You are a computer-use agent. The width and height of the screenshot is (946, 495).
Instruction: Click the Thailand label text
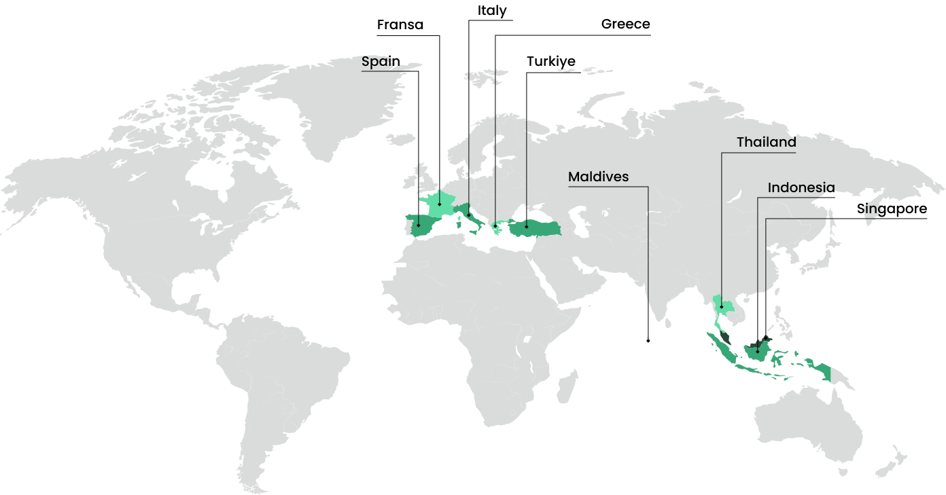(x=766, y=143)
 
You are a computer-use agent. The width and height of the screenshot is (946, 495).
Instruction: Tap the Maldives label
(x=598, y=177)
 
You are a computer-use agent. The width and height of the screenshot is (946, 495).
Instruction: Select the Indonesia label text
(x=801, y=187)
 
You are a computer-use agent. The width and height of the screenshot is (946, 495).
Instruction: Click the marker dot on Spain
(x=418, y=225)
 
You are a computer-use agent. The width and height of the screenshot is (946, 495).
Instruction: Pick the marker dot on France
(x=439, y=203)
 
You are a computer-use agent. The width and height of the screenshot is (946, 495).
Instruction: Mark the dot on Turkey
(x=526, y=226)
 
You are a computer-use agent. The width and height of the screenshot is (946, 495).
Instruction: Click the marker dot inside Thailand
(x=722, y=307)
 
